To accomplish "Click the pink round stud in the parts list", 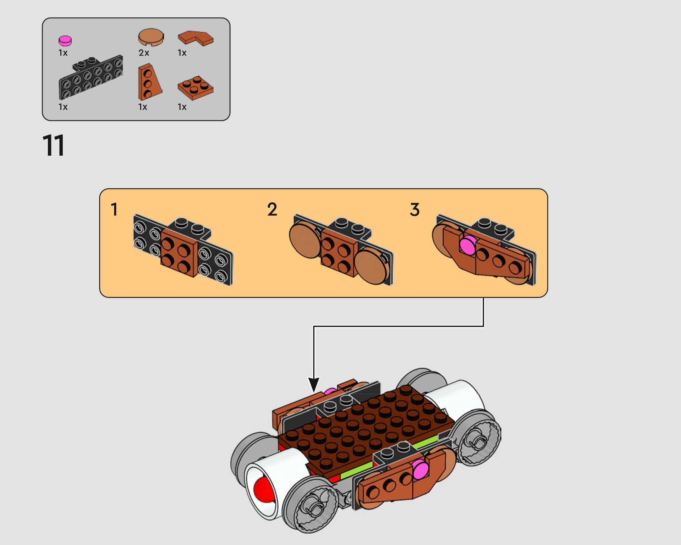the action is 65,41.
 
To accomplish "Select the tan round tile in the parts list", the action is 151,37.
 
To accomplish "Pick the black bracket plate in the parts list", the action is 91,77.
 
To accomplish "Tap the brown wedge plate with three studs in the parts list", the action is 149,82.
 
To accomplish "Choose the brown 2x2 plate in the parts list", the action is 195,88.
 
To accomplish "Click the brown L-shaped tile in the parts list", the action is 195,38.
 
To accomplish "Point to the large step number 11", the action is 54,145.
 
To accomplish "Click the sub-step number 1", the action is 114,209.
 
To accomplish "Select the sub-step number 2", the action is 272,209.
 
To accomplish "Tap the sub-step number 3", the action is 415,209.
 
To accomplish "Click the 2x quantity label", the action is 144,53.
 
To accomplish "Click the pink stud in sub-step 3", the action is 468,245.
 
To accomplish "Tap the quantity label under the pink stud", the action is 63,53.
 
